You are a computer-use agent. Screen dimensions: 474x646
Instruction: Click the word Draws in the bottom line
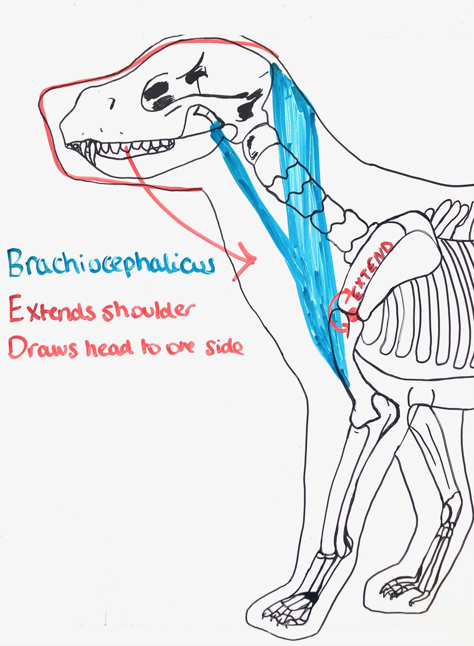[x=42, y=347]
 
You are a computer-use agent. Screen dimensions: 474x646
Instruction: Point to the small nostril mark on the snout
[x=113, y=102]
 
